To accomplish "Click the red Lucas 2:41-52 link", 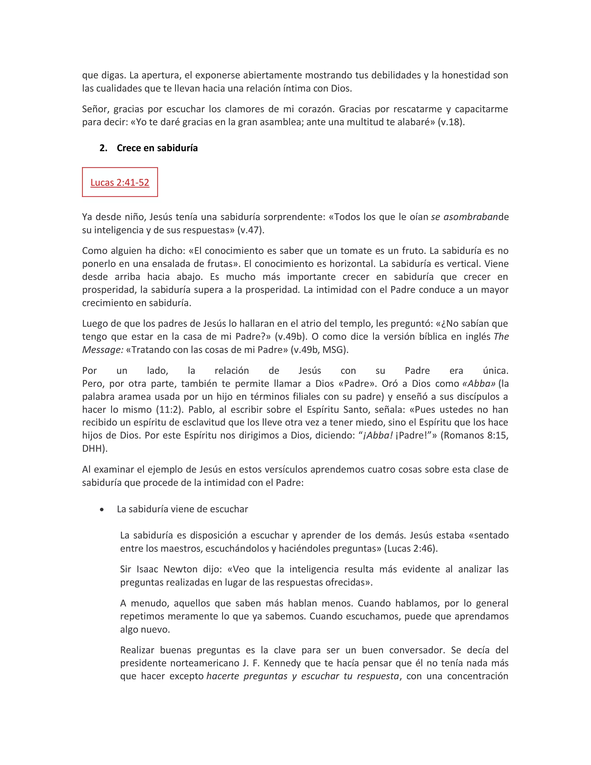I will pyautogui.click(x=120, y=182).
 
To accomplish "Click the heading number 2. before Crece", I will pyautogui.click(x=103, y=148).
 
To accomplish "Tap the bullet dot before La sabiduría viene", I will pyautogui.click(x=102, y=510).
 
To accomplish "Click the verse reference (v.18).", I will pyautogui.click(x=451, y=122).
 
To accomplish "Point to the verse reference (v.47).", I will pyautogui.click(x=251, y=230).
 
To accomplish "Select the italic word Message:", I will pyautogui.click(x=102, y=350).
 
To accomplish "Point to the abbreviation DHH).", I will pyautogui.click(x=95, y=449).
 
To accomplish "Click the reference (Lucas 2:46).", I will pyautogui.click(x=411, y=548).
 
